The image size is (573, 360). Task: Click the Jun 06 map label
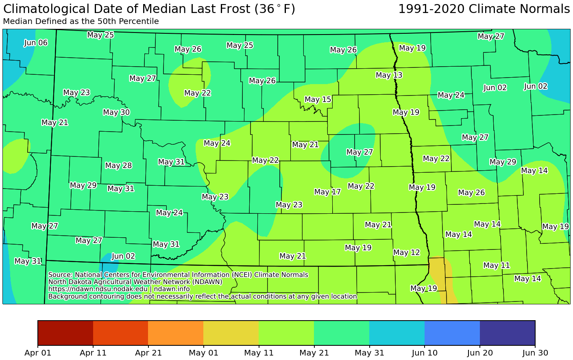[x=36, y=43]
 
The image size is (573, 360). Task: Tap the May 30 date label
[x=116, y=113]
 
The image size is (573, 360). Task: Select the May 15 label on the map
[x=318, y=100]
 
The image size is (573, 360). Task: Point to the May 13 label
[x=389, y=75]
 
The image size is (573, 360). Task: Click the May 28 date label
[x=118, y=165]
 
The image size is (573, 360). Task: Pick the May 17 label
[x=327, y=192]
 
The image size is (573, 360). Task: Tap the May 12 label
[x=407, y=253]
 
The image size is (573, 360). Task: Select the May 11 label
[x=497, y=265]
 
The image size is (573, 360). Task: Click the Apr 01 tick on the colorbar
[x=38, y=353]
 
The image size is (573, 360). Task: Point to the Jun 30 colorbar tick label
[x=535, y=353]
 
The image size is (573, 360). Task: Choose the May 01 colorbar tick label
[x=203, y=353]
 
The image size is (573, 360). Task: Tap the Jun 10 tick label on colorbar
[x=425, y=353]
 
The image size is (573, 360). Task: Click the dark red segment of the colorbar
[x=65, y=333]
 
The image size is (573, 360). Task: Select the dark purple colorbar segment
[x=507, y=333]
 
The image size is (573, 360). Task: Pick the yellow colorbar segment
[x=231, y=333]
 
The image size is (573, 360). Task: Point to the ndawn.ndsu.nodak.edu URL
[x=98, y=289]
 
